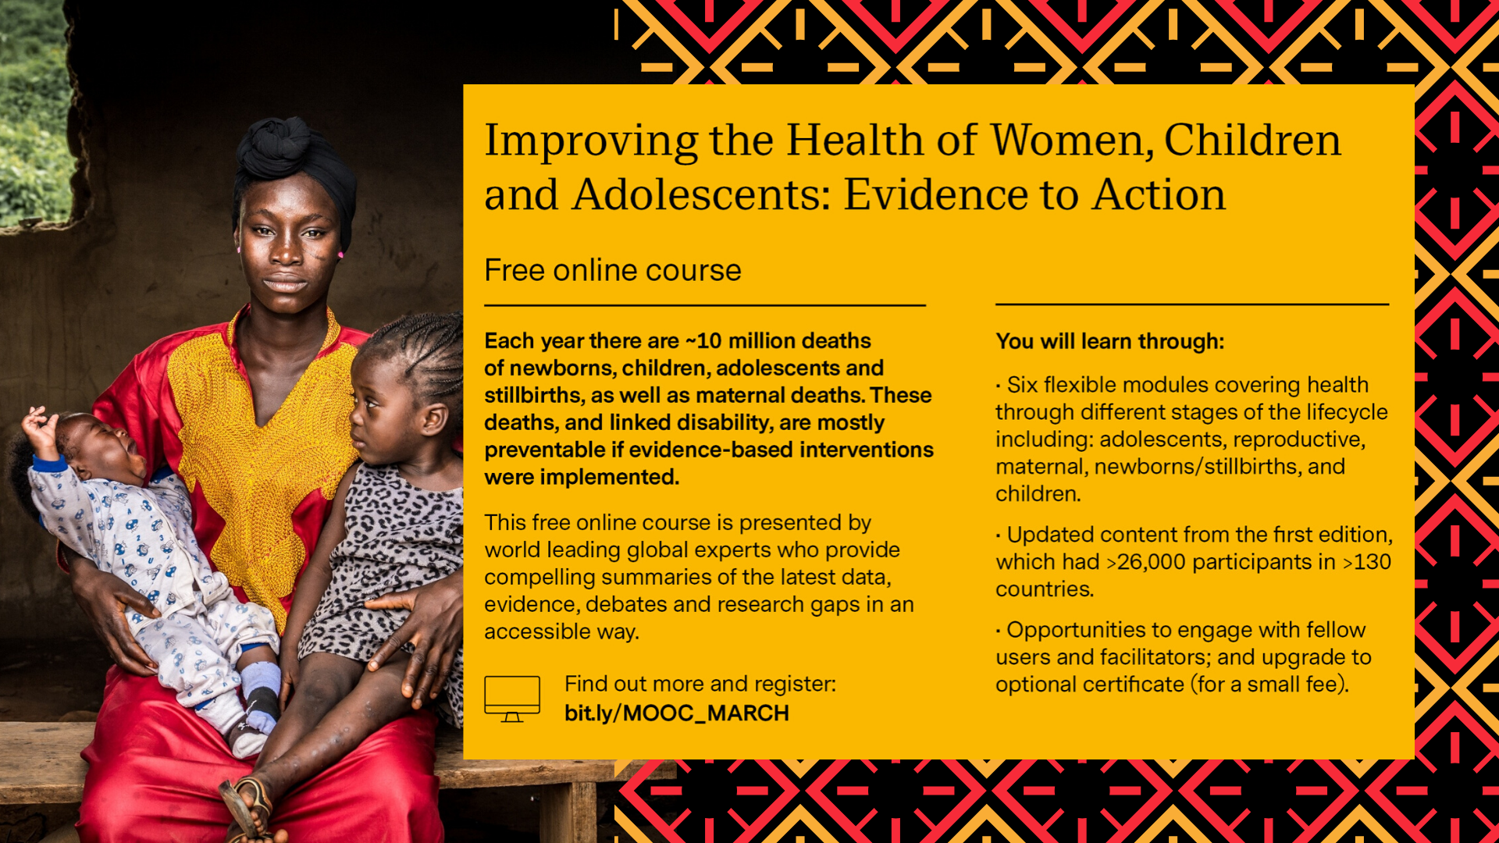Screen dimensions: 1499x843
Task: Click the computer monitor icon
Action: point(512,699)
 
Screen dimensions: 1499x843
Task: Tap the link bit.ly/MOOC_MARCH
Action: point(677,713)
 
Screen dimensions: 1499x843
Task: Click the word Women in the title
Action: point(1073,140)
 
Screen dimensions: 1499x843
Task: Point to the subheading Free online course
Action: point(613,270)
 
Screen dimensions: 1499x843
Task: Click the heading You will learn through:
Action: point(1110,341)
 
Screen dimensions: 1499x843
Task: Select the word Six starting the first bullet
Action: point(1022,385)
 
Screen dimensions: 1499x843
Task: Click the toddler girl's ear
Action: point(434,419)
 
